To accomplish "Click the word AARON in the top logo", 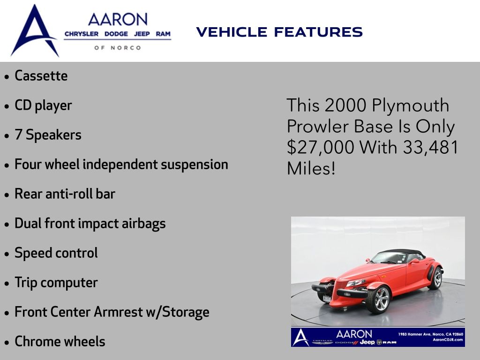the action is click(x=118, y=19).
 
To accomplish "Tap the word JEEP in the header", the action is click(x=142, y=34).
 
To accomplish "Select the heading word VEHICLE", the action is click(x=232, y=32).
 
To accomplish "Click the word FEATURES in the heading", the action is click(x=318, y=32).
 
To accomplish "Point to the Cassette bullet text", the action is click(x=41, y=75).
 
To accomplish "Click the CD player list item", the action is click(x=43, y=105).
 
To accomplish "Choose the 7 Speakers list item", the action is click(x=48, y=135).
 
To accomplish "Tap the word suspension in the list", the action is click(x=195, y=165).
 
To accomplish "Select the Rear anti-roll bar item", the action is click(x=65, y=194).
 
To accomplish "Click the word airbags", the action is click(x=143, y=224).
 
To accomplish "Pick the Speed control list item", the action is click(x=56, y=253).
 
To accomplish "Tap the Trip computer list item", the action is click(x=56, y=283).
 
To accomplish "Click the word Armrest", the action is click(x=118, y=312).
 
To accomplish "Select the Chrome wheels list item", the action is click(x=60, y=341).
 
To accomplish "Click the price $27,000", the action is click(x=321, y=147).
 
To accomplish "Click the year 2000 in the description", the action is click(x=345, y=105).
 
